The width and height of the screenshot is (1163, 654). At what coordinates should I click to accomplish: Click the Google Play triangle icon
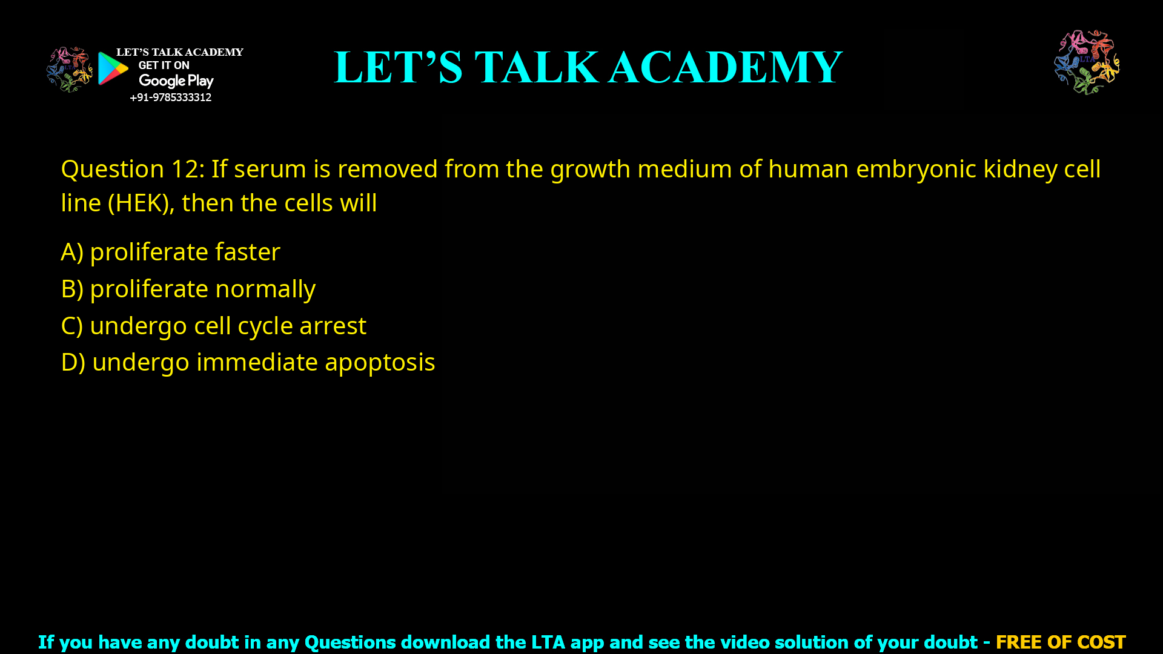(113, 68)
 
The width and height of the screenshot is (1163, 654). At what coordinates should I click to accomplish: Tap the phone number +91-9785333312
(170, 97)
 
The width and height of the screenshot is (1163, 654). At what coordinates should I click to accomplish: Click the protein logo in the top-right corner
(1087, 62)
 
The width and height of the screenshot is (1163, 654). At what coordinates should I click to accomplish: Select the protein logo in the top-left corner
(69, 69)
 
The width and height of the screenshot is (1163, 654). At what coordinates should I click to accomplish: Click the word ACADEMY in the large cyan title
(725, 67)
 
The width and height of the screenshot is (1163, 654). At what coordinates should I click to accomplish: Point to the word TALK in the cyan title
(536, 67)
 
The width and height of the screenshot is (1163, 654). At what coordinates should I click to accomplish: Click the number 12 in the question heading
(184, 170)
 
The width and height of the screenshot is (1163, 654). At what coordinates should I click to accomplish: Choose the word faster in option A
(247, 252)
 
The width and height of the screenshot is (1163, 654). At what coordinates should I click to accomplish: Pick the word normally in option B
(265, 289)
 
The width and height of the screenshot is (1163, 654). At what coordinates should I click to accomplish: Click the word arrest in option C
(333, 326)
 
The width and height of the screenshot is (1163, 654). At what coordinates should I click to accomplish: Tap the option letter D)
(73, 363)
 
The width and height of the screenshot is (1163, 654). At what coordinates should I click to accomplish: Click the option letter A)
(72, 252)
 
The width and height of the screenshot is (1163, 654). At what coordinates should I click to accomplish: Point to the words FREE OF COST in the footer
(1060, 642)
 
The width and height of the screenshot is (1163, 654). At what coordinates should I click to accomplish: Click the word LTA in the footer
(548, 642)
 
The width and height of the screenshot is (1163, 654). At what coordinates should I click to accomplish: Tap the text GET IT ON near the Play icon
(164, 65)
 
